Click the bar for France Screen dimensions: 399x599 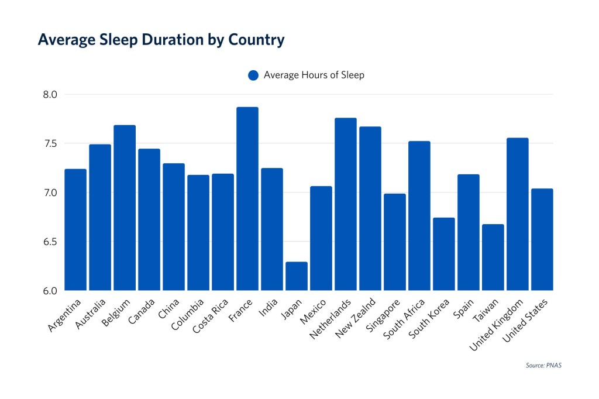point(247,199)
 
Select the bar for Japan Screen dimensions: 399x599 point(297,276)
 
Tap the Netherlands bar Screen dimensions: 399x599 point(346,204)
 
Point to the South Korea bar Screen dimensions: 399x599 point(444,254)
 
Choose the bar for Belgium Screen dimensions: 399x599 point(125,208)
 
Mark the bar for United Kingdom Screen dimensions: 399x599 point(518,214)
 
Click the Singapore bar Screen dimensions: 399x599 point(395,242)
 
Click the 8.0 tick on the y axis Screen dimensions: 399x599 point(51,94)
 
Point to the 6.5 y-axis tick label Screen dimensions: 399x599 point(51,242)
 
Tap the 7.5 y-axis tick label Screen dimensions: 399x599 point(51,143)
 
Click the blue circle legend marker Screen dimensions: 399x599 point(253,75)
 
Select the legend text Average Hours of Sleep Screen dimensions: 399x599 point(314,75)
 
